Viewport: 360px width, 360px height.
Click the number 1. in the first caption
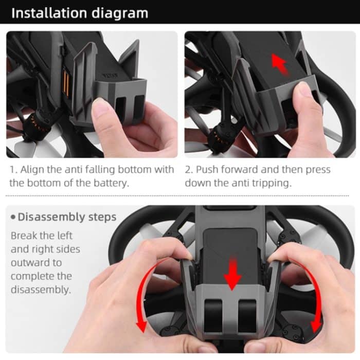(13, 170)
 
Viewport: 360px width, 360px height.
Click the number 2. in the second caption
(189, 170)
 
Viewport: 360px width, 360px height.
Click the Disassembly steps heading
(67, 217)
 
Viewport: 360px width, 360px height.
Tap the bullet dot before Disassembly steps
(12, 218)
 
